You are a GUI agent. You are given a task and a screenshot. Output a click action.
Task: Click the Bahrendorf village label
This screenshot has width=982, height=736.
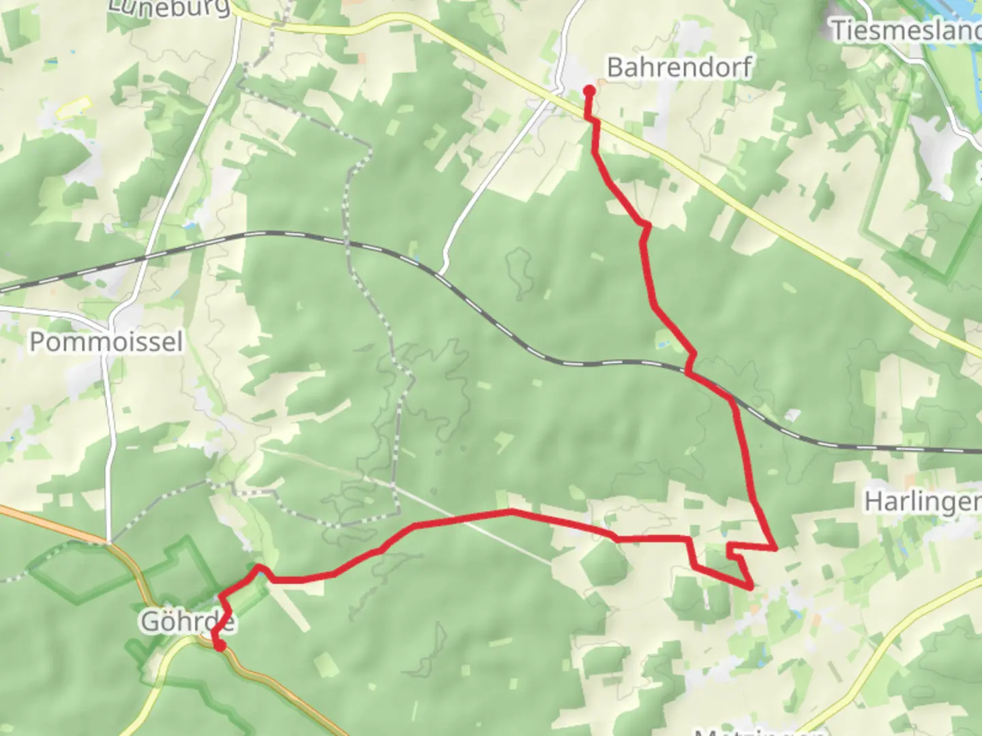point(679,67)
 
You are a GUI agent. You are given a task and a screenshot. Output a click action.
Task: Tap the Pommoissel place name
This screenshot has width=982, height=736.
point(106,341)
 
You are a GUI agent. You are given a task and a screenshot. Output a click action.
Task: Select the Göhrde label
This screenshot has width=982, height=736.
point(188,622)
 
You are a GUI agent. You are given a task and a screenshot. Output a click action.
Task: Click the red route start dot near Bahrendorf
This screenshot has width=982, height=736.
point(589,90)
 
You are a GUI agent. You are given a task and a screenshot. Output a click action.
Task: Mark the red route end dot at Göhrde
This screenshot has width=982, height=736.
point(220,645)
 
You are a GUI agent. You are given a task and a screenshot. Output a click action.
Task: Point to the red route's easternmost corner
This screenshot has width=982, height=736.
point(775,547)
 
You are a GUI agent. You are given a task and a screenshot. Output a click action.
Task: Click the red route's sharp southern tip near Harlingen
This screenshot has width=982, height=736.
point(751,586)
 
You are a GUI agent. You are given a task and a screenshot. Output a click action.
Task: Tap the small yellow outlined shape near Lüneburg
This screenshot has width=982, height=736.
point(74,107)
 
